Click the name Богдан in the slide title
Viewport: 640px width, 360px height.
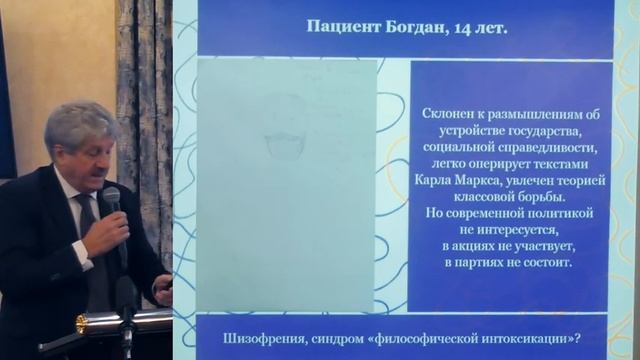tap(414, 29)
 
